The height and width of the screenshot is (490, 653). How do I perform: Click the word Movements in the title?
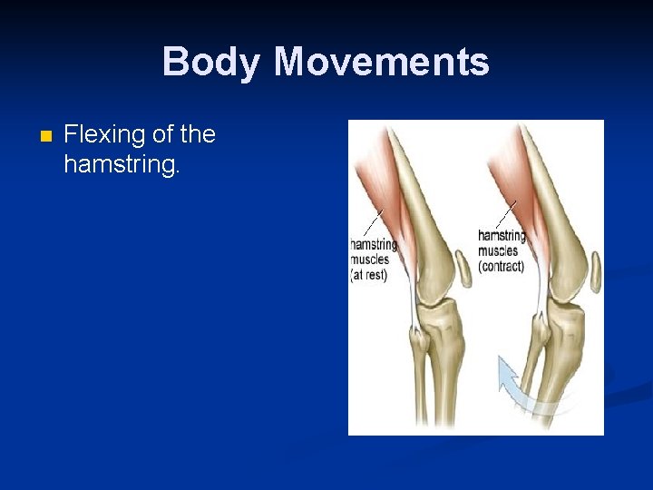[x=381, y=63]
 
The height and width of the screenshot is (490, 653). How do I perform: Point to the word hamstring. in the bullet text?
[x=122, y=164]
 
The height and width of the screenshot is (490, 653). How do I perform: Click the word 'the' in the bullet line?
[x=198, y=135]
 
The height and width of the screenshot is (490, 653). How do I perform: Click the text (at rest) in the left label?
[x=369, y=275]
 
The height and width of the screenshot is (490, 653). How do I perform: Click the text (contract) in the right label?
[x=502, y=267]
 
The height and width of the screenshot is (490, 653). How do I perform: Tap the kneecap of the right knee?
[x=595, y=267]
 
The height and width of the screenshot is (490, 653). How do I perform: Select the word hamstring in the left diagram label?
[x=375, y=244]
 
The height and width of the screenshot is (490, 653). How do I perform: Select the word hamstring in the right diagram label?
[x=502, y=236]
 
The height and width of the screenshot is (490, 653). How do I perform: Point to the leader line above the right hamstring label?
[x=506, y=213]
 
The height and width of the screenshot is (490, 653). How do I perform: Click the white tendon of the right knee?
[x=541, y=290]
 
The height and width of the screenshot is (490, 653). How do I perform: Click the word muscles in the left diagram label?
[x=370, y=260]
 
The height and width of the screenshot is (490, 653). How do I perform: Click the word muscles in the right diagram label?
[x=498, y=251]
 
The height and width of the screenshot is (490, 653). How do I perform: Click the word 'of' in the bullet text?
[x=164, y=135]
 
